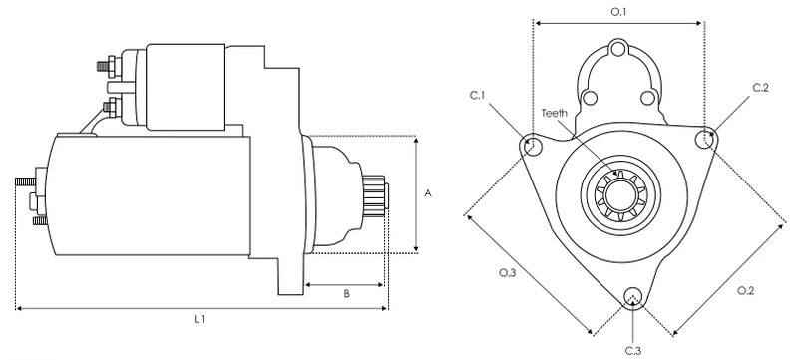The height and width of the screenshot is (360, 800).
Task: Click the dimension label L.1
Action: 199,320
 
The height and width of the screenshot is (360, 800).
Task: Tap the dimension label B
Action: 346,294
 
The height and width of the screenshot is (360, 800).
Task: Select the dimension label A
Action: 428,193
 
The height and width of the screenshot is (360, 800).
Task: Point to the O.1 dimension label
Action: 618,12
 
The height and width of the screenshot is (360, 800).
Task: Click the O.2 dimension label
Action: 745,290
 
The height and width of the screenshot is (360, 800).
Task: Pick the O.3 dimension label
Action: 507,273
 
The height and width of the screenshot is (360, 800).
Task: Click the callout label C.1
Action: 477,96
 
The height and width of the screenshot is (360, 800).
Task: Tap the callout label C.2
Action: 760,87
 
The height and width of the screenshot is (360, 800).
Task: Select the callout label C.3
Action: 633,350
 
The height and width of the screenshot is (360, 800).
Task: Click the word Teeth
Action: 554,113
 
